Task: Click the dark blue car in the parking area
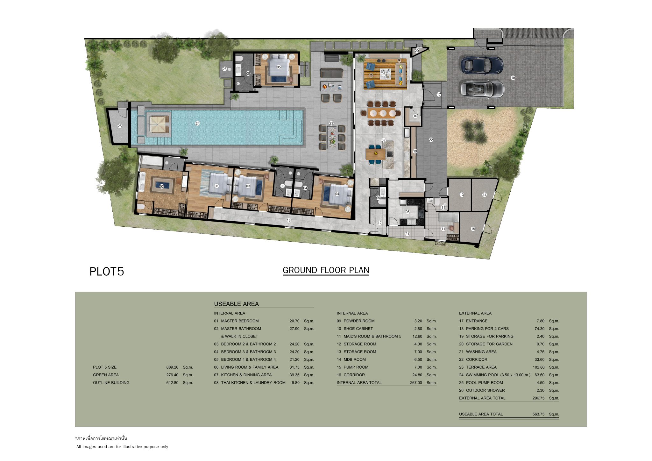(482, 65)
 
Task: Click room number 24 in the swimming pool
(197, 124)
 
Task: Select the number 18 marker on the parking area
(513, 78)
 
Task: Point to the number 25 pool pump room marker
(120, 126)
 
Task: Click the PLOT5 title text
(107, 272)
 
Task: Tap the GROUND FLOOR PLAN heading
(326, 270)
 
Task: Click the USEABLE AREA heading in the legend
(236, 304)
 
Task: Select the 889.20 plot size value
(172, 367)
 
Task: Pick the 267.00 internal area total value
(416, 383)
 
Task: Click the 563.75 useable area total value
(538, 414)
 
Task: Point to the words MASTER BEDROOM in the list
(240, 321)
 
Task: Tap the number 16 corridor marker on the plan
(289, 220)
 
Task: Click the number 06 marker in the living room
(384, 74)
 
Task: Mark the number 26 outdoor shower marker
(224, 69)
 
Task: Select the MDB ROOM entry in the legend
(355, 359)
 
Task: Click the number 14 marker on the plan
(484, 195)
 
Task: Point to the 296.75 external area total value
(538, 398)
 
